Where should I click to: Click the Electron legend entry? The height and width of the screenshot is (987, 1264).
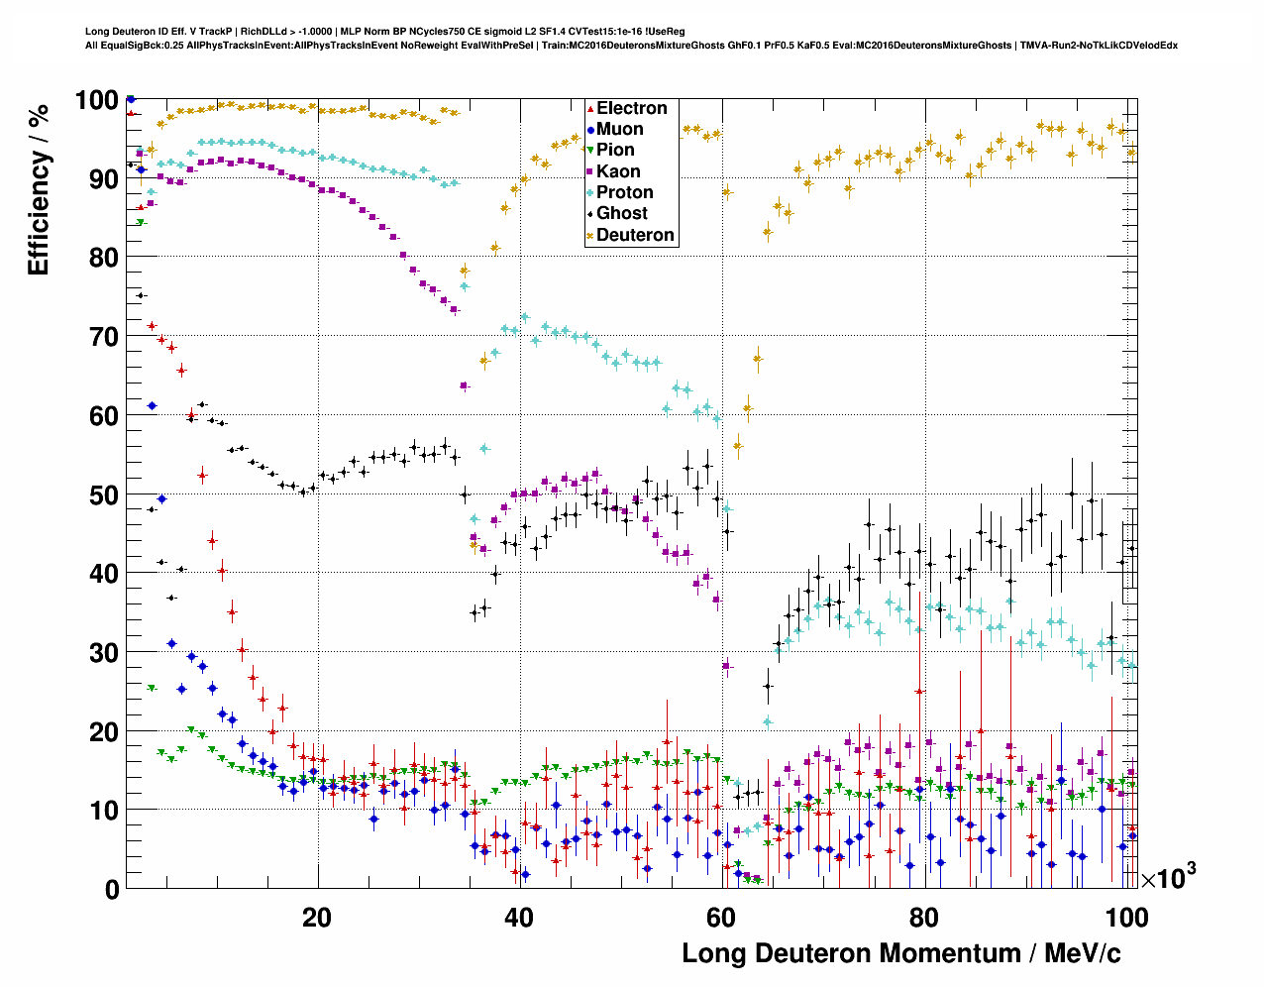(x=631, y=108)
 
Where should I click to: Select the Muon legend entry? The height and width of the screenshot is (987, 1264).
(x=619, y=129)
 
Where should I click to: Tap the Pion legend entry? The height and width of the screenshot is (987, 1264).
(x=615, y=150)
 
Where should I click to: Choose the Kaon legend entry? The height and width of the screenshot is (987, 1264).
(x=618, y=171)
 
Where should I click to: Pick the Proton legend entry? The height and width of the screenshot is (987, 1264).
(x=624, y=192)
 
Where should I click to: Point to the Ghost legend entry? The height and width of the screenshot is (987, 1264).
(x=621, y=213)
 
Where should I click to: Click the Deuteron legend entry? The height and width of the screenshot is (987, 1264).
(x=635, y=235)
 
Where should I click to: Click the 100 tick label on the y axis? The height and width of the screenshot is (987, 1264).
(x=97, y=99)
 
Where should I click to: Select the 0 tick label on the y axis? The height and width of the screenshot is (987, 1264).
(x=111, y=889)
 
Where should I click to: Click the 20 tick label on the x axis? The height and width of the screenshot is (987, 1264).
(x=317, y=918)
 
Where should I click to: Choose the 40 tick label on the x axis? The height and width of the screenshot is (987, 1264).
(x=519, y=918)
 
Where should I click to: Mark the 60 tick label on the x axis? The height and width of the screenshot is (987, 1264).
(x=721, y=918)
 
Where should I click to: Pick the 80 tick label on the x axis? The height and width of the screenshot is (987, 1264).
(x=923, y=918)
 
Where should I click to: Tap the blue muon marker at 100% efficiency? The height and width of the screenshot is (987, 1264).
(x=131, y=99)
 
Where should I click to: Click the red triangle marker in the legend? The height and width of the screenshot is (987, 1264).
(x=590, y=108)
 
